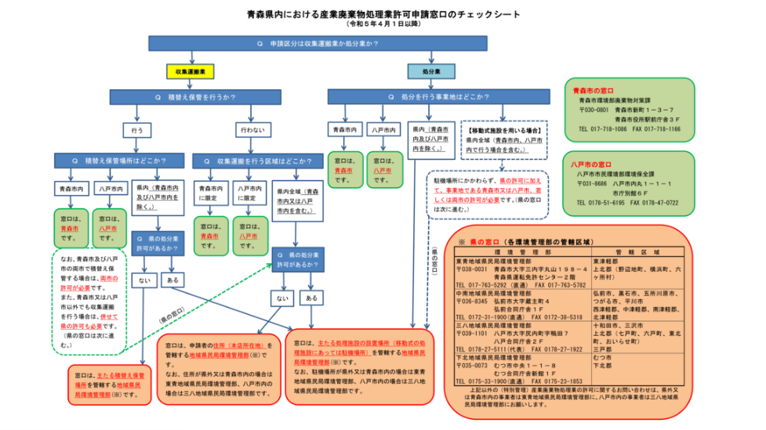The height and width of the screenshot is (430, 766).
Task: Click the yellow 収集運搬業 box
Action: pos(191,71)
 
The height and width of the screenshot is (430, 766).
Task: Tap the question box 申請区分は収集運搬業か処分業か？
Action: pos(318,43)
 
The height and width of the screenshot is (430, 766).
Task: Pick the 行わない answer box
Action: pos(248,128)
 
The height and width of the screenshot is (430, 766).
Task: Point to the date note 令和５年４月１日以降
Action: pos(383,24)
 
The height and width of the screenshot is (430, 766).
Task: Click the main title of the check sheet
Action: pos(383,14)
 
